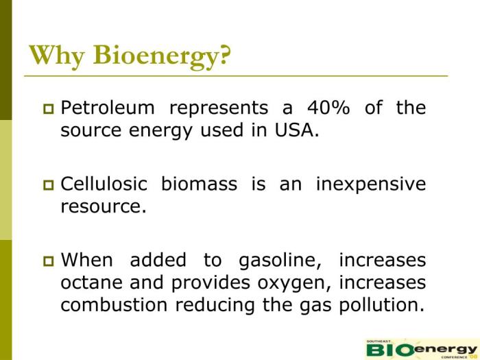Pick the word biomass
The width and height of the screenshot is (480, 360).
coord(200,184)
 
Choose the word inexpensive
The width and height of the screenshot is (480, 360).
coord(371,184)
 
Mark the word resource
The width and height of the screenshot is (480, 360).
coord(104,206)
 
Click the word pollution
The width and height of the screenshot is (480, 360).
coord(382,304)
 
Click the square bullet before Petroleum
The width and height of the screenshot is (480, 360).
coord(48,108)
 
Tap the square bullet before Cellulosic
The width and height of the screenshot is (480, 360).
coord(48,184)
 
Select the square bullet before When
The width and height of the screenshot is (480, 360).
coord(48,261)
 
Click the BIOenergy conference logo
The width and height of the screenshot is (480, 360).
coord(420,348)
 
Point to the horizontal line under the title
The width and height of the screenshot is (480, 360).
coord(236,74)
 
